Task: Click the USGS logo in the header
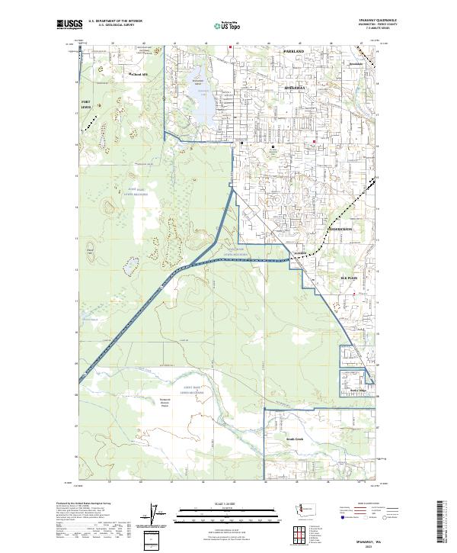point(68,24)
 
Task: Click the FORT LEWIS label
point(89,104)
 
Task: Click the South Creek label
point(295,439)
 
